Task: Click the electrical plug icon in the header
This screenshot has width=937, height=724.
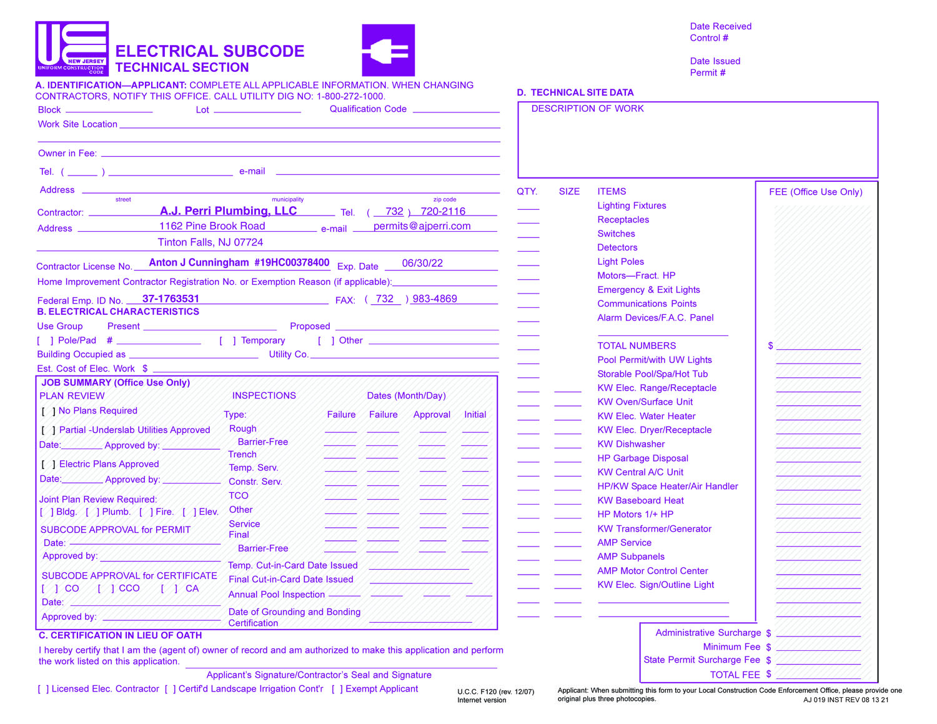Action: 388,50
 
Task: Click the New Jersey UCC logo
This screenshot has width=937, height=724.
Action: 72,49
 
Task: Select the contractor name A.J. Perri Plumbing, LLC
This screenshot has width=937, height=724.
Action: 228,211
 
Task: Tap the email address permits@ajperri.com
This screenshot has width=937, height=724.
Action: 422,226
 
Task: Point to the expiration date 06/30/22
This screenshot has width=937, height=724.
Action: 422,263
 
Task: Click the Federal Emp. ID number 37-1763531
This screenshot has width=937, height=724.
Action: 171,299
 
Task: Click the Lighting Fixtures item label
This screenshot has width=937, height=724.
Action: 632,206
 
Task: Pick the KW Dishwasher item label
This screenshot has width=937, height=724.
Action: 631,444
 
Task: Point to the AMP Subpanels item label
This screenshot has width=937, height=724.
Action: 631,557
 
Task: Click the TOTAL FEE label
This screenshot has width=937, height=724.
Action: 735,675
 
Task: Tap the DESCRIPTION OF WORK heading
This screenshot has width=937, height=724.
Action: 587,109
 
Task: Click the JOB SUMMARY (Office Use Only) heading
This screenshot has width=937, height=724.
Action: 116,382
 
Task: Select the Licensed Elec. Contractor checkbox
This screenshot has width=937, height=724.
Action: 43,689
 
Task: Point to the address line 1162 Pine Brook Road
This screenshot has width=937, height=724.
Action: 212,226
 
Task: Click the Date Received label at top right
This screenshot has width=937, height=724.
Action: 720,26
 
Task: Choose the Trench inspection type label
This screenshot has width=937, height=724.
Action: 242,454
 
